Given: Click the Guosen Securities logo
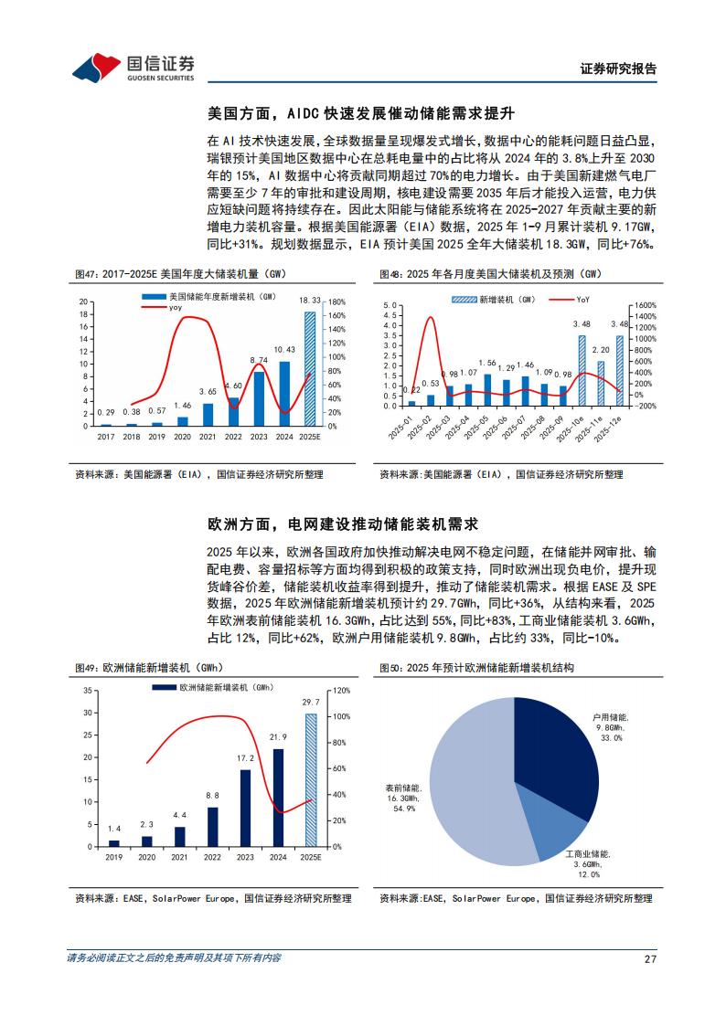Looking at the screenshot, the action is tap(133, 67).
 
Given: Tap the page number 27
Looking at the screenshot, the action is tap(650, 958).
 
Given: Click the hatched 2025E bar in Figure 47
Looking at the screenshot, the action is tap(310, 369).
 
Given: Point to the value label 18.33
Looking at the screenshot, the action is tap(310, 301).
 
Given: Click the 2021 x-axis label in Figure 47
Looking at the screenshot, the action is tap(208, 437).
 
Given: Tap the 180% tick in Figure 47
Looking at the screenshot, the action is tap(336, 302).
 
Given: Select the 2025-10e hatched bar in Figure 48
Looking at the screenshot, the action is tap(582, 370).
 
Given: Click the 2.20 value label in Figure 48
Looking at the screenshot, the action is tap(601, 350).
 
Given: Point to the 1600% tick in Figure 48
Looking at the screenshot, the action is tap(646, 305).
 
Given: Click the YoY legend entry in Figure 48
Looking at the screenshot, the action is tap(569, 300).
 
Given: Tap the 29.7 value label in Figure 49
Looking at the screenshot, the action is tap(311, 702).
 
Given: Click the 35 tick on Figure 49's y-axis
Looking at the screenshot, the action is tap(88, 691).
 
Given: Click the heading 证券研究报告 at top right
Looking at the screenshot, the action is tap(618, 69).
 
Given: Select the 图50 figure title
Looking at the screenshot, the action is tap(476, 668).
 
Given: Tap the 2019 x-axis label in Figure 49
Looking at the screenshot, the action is tap(114, 857).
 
